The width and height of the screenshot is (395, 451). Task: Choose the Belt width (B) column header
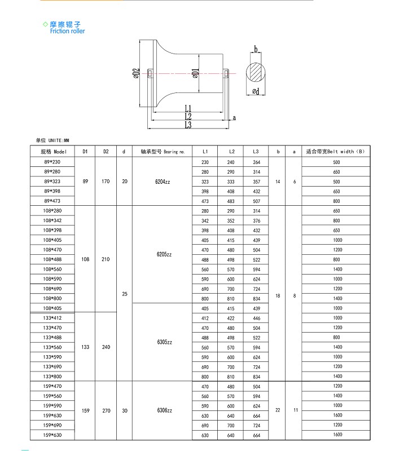pyautogui.click(x=335, y=152)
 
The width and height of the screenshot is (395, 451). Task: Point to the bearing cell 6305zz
pyautogui.click(x=164, y=342)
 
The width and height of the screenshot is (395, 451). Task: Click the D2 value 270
pyautogui.click(x=106, y=411)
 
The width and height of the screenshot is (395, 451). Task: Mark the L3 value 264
pyautogui.click(x=256, y=162)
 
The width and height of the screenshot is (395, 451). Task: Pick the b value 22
pyautogui.click(x=277, y=411)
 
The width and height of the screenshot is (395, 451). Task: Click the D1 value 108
pyautogui.click(x=85, y=259)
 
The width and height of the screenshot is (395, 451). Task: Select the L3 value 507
pyautogui.click(x=256, y=201)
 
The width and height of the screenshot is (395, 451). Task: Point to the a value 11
pyautogui.click(x=295, y=411)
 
